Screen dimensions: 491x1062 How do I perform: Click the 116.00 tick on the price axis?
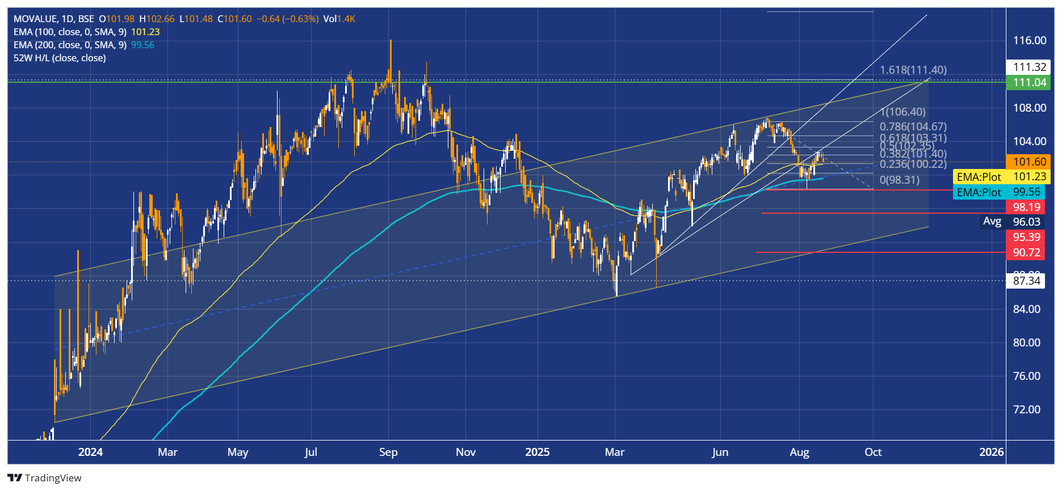coord(1030,40)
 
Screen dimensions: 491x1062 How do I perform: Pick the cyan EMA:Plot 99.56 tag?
coord(998,192)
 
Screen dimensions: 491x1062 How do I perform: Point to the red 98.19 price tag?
coord(1026,207)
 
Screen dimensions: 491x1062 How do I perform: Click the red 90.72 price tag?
coord(1026,252)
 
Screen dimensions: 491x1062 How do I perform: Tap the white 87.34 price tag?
coord(1026,281)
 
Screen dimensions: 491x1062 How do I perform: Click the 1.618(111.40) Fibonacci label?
coord(913,70)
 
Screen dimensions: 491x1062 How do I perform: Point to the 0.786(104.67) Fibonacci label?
coord(913,126)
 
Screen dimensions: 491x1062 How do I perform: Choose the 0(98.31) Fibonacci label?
coord(899,180)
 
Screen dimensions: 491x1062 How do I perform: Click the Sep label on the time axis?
coord(388,452)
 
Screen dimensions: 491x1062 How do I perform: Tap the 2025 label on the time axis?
coord(537,452)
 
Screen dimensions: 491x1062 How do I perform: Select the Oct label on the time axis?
coord(872,452)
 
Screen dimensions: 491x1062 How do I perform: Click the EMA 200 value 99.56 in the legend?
coord(142,45)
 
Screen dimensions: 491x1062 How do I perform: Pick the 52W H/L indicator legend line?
coord(60,58)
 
